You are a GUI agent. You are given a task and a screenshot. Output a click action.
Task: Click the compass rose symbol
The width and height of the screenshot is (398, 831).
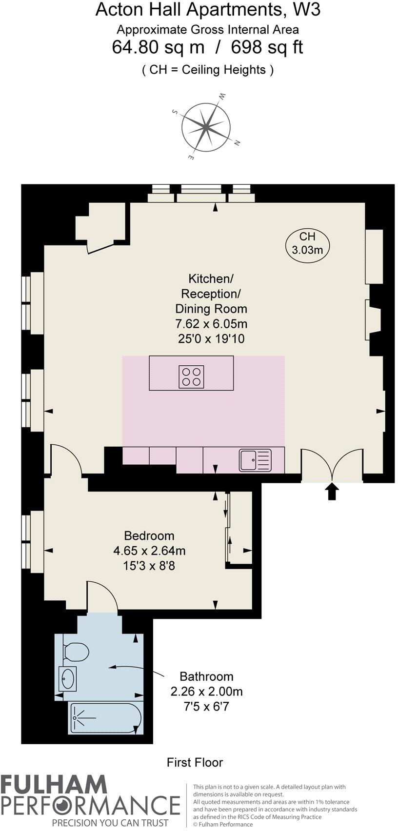[206, 126]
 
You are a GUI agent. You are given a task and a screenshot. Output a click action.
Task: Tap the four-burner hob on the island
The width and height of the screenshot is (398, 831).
[191, 377]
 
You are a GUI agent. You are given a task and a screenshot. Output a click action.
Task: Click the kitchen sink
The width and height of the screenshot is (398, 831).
[254, 460]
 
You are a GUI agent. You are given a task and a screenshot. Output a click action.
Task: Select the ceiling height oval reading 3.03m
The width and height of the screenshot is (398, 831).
[307, 243]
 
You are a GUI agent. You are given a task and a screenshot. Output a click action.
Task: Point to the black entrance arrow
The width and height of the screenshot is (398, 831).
[332, 492]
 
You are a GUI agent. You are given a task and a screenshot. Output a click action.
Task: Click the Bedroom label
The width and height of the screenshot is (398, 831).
[149, 536]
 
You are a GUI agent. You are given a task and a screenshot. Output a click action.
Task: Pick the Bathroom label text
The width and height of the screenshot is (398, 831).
[206, 676]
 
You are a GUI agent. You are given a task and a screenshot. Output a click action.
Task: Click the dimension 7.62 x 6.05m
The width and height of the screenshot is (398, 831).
[211, 324]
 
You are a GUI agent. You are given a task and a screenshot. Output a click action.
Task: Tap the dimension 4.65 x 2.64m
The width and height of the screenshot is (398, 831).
[149, 551]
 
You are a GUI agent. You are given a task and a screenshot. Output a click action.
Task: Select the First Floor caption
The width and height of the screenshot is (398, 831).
[195, 762]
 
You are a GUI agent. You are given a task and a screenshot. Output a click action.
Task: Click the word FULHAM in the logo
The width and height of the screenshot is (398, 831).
[54, 786]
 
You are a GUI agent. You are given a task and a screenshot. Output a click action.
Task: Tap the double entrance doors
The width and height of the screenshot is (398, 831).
[332, 464]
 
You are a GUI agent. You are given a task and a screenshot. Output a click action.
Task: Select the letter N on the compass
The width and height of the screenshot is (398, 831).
[237, 143]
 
